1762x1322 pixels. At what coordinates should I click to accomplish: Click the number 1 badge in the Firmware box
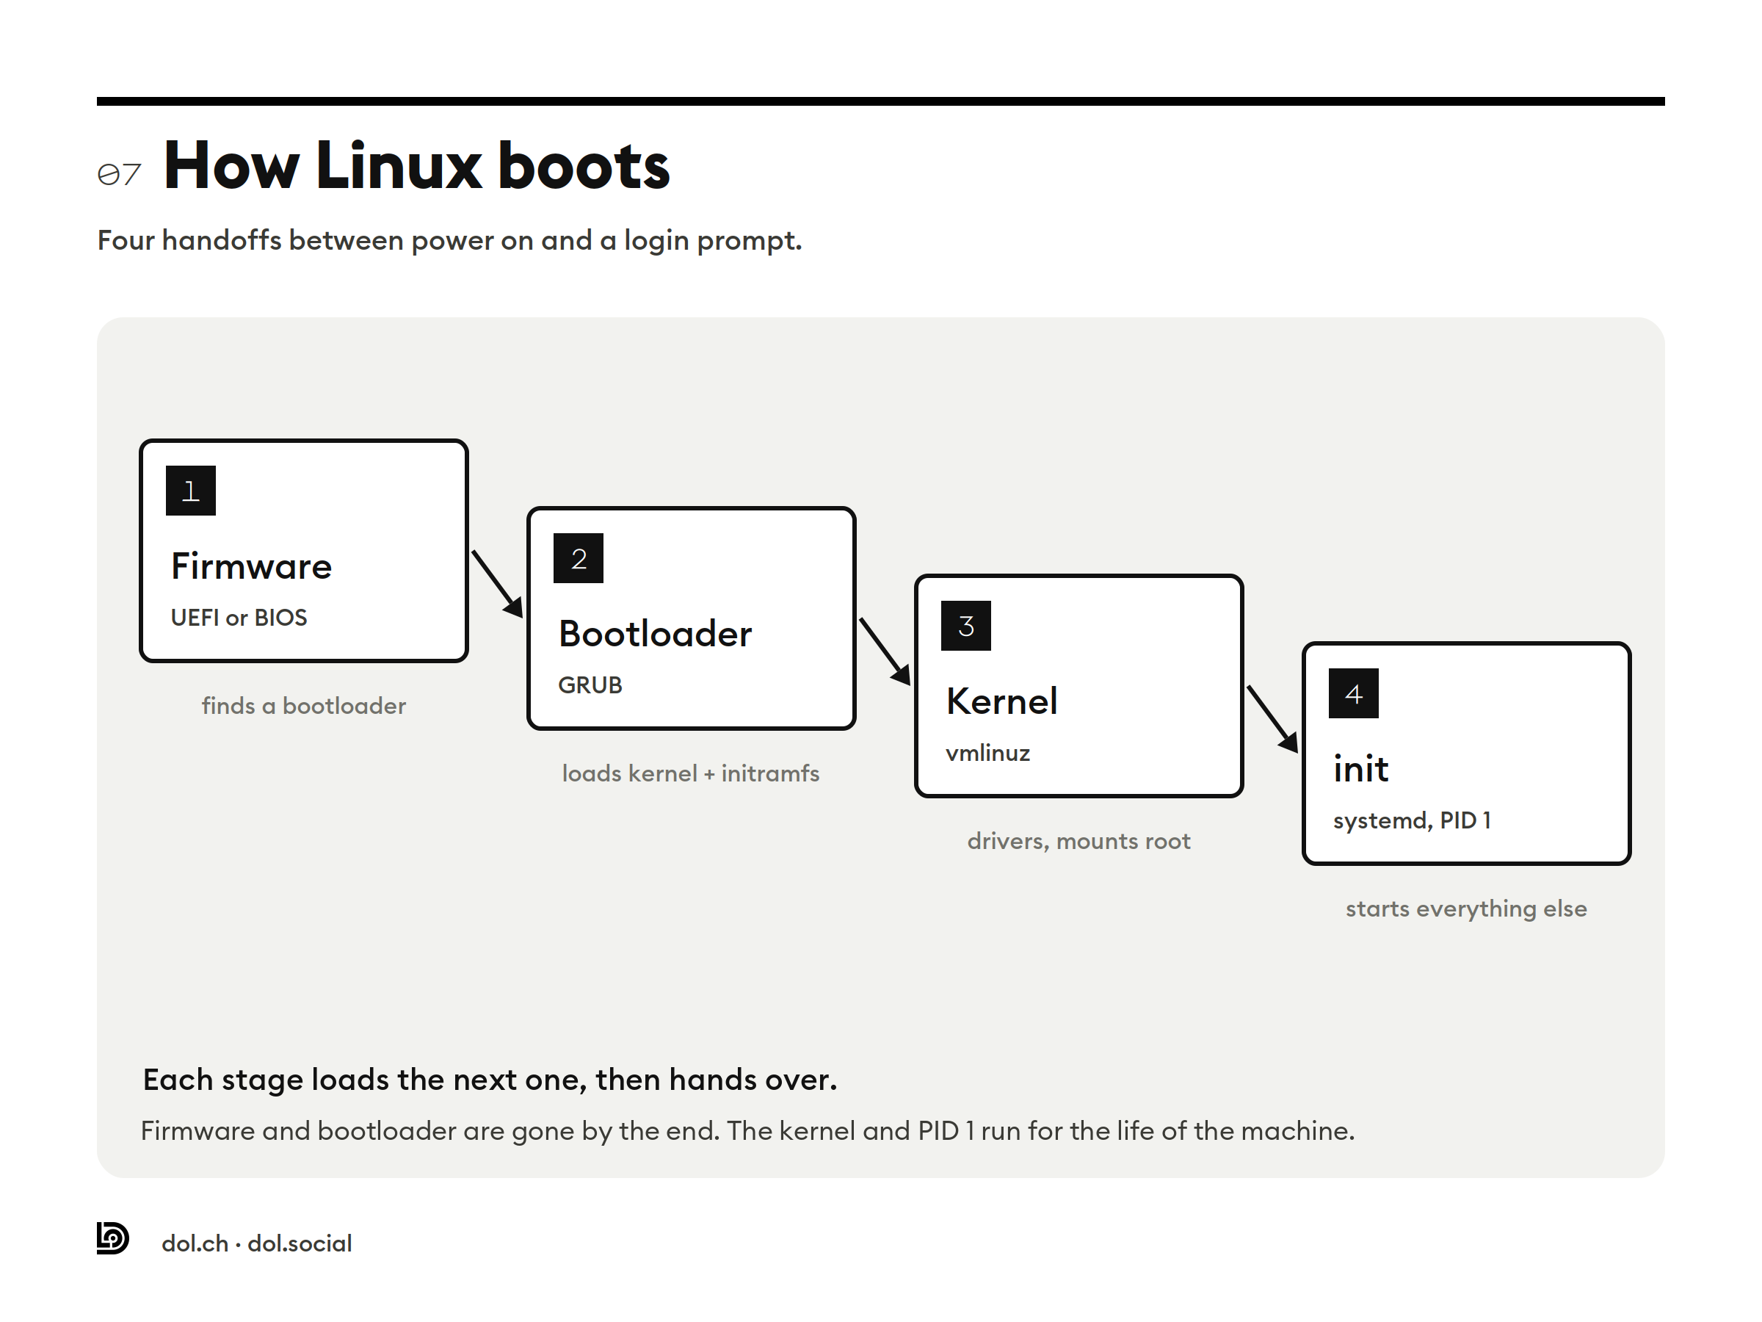[190, 490]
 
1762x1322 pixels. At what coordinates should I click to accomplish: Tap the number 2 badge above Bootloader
[579, 557]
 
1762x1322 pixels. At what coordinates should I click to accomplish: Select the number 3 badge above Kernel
[965, 626]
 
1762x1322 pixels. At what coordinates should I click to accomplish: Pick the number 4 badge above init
[1353, 693]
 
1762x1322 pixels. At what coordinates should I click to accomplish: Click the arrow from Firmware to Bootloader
[498, 584]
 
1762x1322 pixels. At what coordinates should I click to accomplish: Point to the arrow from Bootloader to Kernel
[885, 651]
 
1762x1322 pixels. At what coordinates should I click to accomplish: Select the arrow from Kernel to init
[1273, 719]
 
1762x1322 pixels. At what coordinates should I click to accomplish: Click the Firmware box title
[251, 566]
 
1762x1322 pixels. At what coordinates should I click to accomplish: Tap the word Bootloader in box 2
[655, 635]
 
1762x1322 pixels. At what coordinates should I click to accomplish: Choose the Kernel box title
[1001, 701]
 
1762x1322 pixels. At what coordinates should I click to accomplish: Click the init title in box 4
[1360, 769]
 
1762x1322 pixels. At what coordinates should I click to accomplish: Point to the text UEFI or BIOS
[239, 618]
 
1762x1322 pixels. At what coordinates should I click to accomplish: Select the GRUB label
[590, 685]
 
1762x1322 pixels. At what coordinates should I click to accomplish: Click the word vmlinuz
[987, 753]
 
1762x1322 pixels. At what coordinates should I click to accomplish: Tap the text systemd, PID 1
[1412, 821]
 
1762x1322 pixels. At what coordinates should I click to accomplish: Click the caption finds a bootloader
[303, 706]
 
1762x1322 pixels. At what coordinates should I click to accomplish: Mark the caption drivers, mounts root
[1078, 842]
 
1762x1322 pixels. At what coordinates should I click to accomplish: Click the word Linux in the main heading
[398, 166]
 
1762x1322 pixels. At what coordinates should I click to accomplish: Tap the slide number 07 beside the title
[120, 174]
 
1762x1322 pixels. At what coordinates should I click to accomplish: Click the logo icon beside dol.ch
[112, 1238]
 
